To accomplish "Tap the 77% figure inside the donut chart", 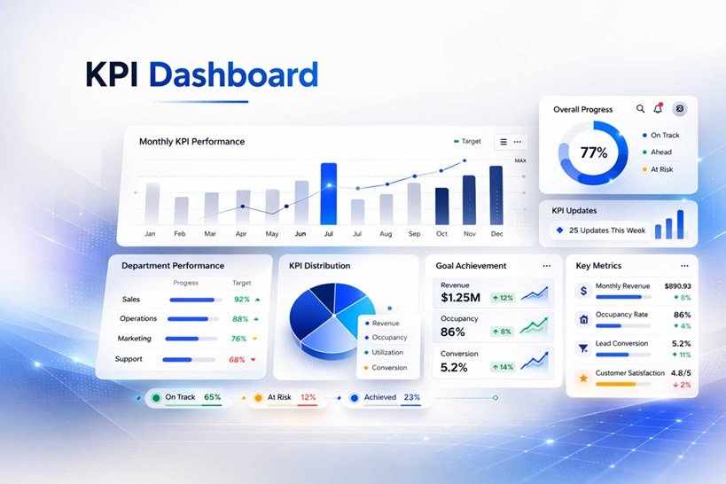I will tap(593, 152).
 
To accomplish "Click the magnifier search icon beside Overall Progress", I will tap(641, 109).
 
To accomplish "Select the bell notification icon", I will tap(658, 109).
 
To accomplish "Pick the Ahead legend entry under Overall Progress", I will tap(660, 152).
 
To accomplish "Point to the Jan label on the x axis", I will tap(151, 234).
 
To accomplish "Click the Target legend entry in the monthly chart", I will tap(467, 142).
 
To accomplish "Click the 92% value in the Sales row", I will tap(241, 300).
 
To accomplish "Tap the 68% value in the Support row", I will tap(238, 359).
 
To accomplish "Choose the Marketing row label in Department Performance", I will tap(135, 339).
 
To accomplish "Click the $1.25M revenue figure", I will tap(460, 297).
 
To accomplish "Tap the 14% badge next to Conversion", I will tap(503, 367).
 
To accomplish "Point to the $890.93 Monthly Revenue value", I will tap(677, 286).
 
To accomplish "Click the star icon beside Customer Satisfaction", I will tap(583, 378).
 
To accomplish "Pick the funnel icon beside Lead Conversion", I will tap(583, 348).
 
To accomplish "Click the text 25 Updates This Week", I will tap(607, 230).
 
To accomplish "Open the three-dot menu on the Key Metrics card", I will tap(684, 266).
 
